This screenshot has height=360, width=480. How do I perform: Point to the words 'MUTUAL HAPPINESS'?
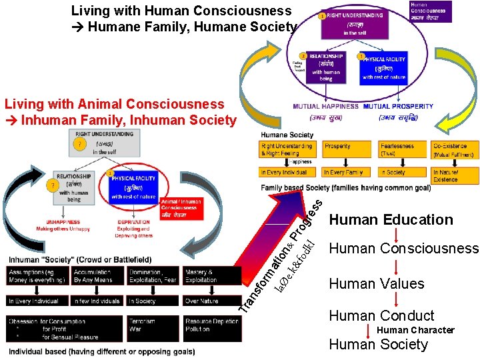click(325, 106)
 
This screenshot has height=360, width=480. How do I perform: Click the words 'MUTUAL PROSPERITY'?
click(398, 106)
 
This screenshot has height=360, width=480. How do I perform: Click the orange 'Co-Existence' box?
click(454, 149)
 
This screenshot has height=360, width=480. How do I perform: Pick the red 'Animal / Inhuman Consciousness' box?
click(181, 209)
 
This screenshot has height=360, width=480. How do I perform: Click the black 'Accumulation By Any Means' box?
click(98, 275)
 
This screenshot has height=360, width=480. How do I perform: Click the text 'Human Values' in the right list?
click(377, 284)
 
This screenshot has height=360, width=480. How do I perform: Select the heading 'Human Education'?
click(391, 220)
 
